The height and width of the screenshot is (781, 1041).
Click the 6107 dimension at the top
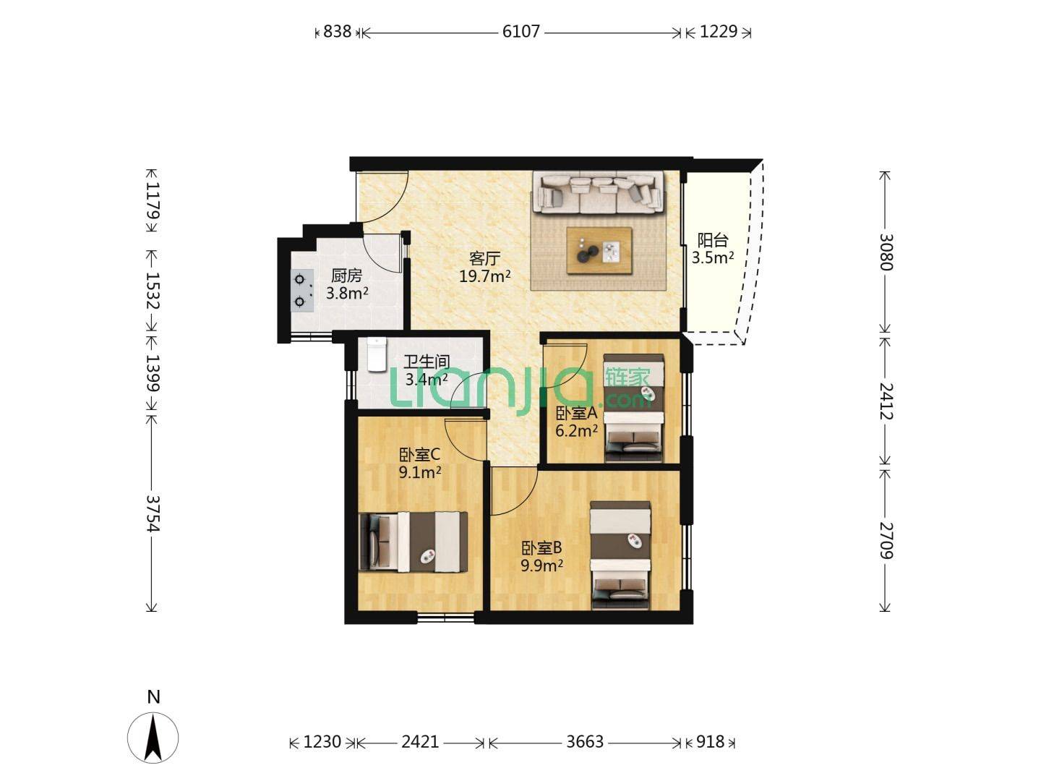520,32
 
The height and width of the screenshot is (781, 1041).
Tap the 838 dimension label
337,32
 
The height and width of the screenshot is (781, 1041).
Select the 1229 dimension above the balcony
719,32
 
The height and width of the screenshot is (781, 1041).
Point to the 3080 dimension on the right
886,252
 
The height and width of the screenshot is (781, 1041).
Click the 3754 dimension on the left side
153,513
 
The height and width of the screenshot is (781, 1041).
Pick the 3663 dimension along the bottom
585,741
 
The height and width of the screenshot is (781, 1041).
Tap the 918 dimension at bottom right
710,741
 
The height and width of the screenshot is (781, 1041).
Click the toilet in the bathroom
377,354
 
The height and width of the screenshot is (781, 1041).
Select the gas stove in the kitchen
302,290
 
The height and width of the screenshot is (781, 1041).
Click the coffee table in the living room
599,251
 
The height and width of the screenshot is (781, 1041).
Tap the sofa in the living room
598,192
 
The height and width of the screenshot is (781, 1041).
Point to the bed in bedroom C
414,542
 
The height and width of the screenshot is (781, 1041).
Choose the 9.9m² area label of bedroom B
542,566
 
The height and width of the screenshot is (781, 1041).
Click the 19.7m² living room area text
484,276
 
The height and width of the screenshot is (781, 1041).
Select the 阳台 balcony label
712,240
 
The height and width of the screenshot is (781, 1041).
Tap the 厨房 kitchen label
347,275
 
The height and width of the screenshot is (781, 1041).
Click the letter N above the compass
153,696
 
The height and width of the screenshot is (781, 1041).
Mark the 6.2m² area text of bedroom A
576,431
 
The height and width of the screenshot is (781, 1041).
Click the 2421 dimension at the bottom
420,741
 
